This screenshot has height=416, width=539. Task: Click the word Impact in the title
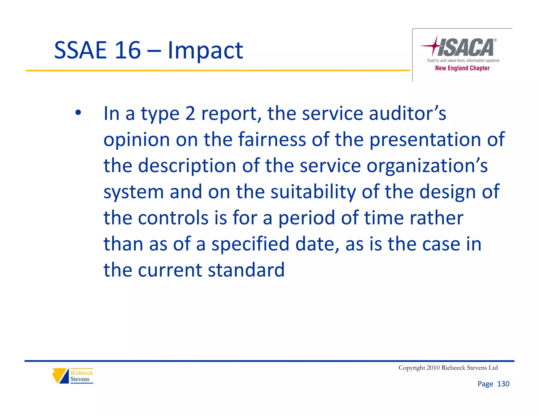coord(205,50)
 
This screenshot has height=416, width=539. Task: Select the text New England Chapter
coord(462,68)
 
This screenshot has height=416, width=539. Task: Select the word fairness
coord(272,139)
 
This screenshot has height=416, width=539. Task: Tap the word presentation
coord(425,140)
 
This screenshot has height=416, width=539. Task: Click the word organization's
coord(427,166)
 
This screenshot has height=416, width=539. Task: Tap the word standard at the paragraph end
coord(246,270)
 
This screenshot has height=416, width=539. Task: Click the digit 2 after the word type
coord(190,114)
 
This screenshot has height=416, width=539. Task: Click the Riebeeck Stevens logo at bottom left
coord(73,376)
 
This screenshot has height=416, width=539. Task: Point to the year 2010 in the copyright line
coord(433,368)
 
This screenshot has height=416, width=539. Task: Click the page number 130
coord(503,384)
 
